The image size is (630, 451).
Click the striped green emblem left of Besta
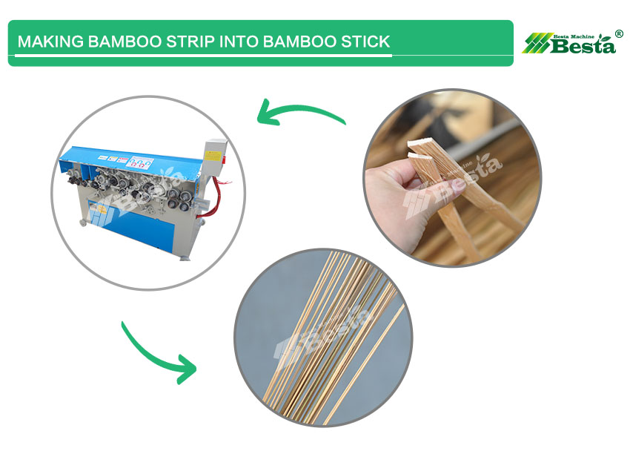536,44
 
